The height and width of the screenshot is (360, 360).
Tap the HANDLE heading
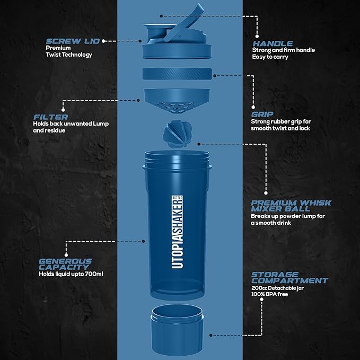coord(272,43)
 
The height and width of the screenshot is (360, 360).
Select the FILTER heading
coord(50,117)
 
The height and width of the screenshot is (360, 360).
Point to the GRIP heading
coord(262,113)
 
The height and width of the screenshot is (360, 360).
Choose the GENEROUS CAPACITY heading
coord(65,264)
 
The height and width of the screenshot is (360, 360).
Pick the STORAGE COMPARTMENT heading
coord(289,277)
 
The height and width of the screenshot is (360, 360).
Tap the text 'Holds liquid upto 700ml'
coord(71,275)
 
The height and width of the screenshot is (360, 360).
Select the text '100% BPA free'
coord(270,294)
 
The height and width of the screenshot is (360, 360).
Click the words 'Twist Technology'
coord(68,55)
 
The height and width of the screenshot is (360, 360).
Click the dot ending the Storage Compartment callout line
coord(212,335)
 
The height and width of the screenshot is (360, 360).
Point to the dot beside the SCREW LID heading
coord(104,40)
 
